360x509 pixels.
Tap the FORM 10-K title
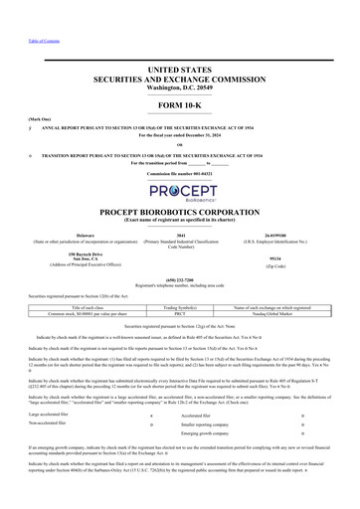pos(179,106)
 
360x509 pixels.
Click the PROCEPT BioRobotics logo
pos(179,192)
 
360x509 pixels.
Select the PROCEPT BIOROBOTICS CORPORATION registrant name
pos(179,211)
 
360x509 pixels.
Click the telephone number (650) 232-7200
pos(179,279)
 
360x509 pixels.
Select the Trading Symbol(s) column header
pos(178,309)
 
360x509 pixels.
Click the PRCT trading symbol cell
pos(178,314)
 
